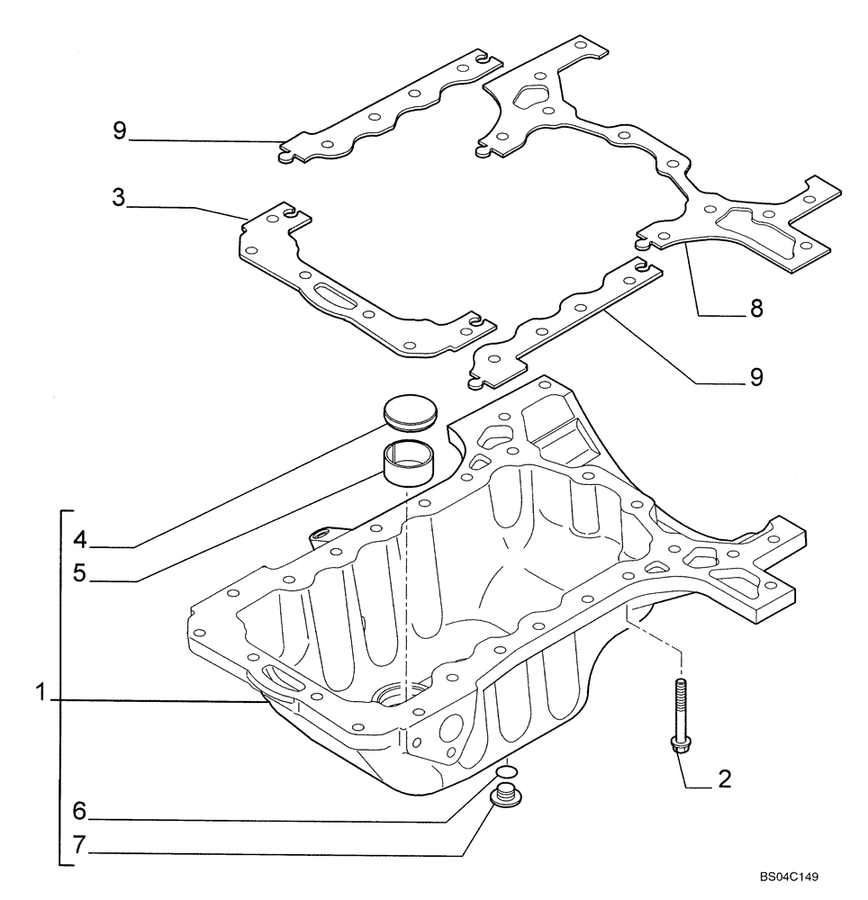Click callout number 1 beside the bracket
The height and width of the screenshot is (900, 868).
41,694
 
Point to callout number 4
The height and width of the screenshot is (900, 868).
80,541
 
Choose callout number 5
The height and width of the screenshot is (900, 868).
80,573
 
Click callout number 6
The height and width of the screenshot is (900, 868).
80,812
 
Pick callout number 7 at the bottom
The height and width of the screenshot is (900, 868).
80,845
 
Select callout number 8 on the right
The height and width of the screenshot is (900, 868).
755,309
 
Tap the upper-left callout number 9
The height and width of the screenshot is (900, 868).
119,131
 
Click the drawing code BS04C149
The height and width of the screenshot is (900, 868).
789,876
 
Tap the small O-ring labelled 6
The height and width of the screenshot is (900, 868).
507,770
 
